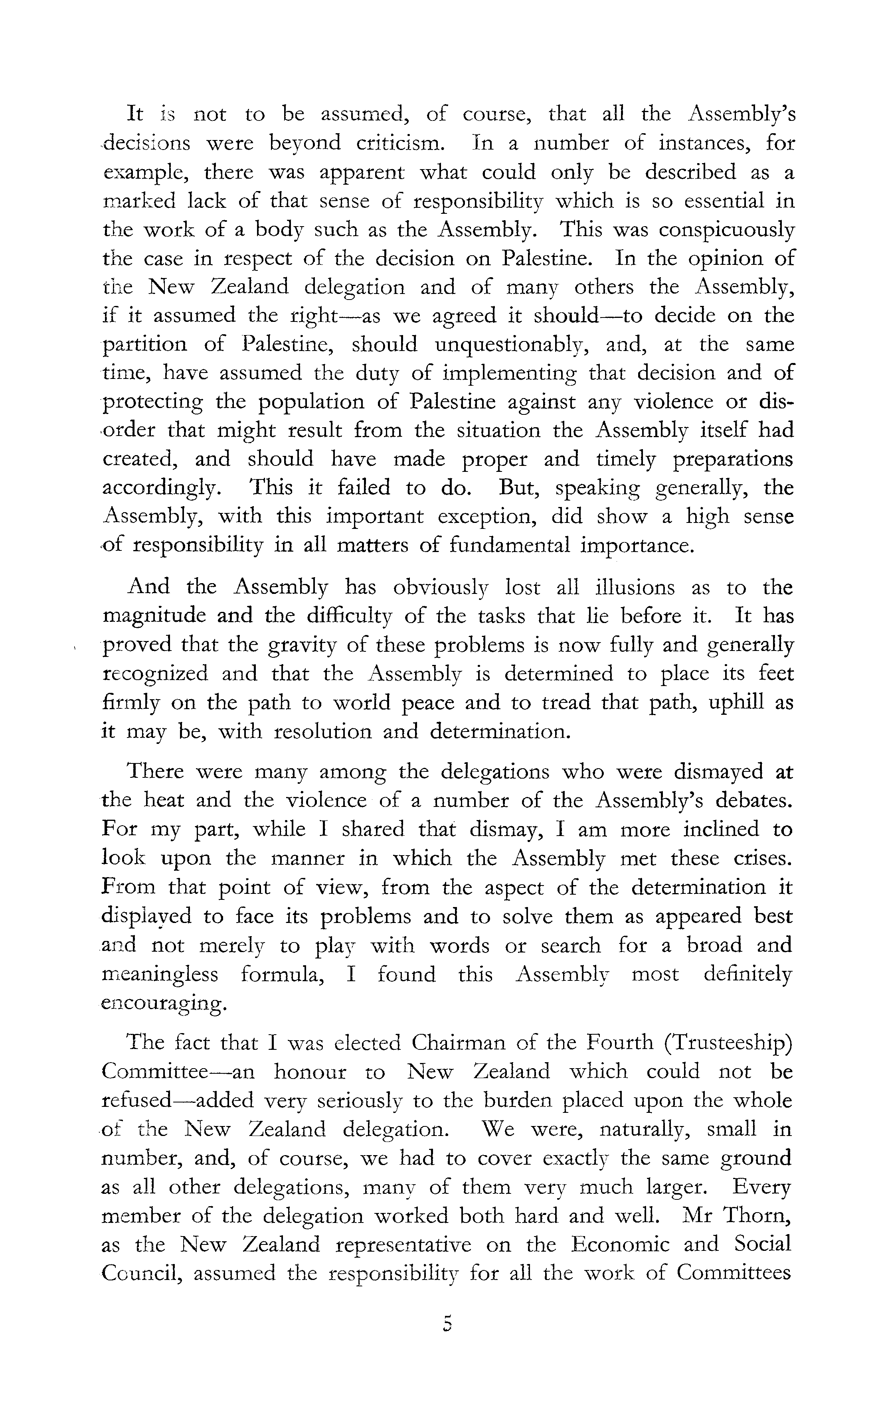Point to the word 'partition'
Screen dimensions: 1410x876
[145, 345]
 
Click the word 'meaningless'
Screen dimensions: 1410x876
[160, 974]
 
